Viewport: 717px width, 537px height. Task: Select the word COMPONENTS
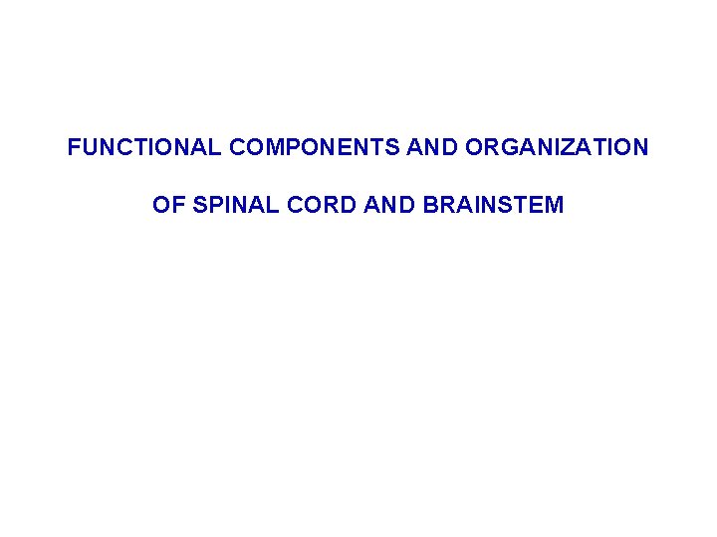(x=315, y=148)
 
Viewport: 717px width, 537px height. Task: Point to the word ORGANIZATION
(x=556, y=148)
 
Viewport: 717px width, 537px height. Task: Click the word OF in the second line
(x=166, y=206)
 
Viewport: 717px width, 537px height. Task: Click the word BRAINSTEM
(x=493, y=206)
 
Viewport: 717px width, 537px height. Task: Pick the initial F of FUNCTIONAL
(x=73, y=148)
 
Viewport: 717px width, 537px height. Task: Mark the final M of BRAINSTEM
(x=555, y=206)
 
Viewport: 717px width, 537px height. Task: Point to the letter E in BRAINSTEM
(x=537, y=206)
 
